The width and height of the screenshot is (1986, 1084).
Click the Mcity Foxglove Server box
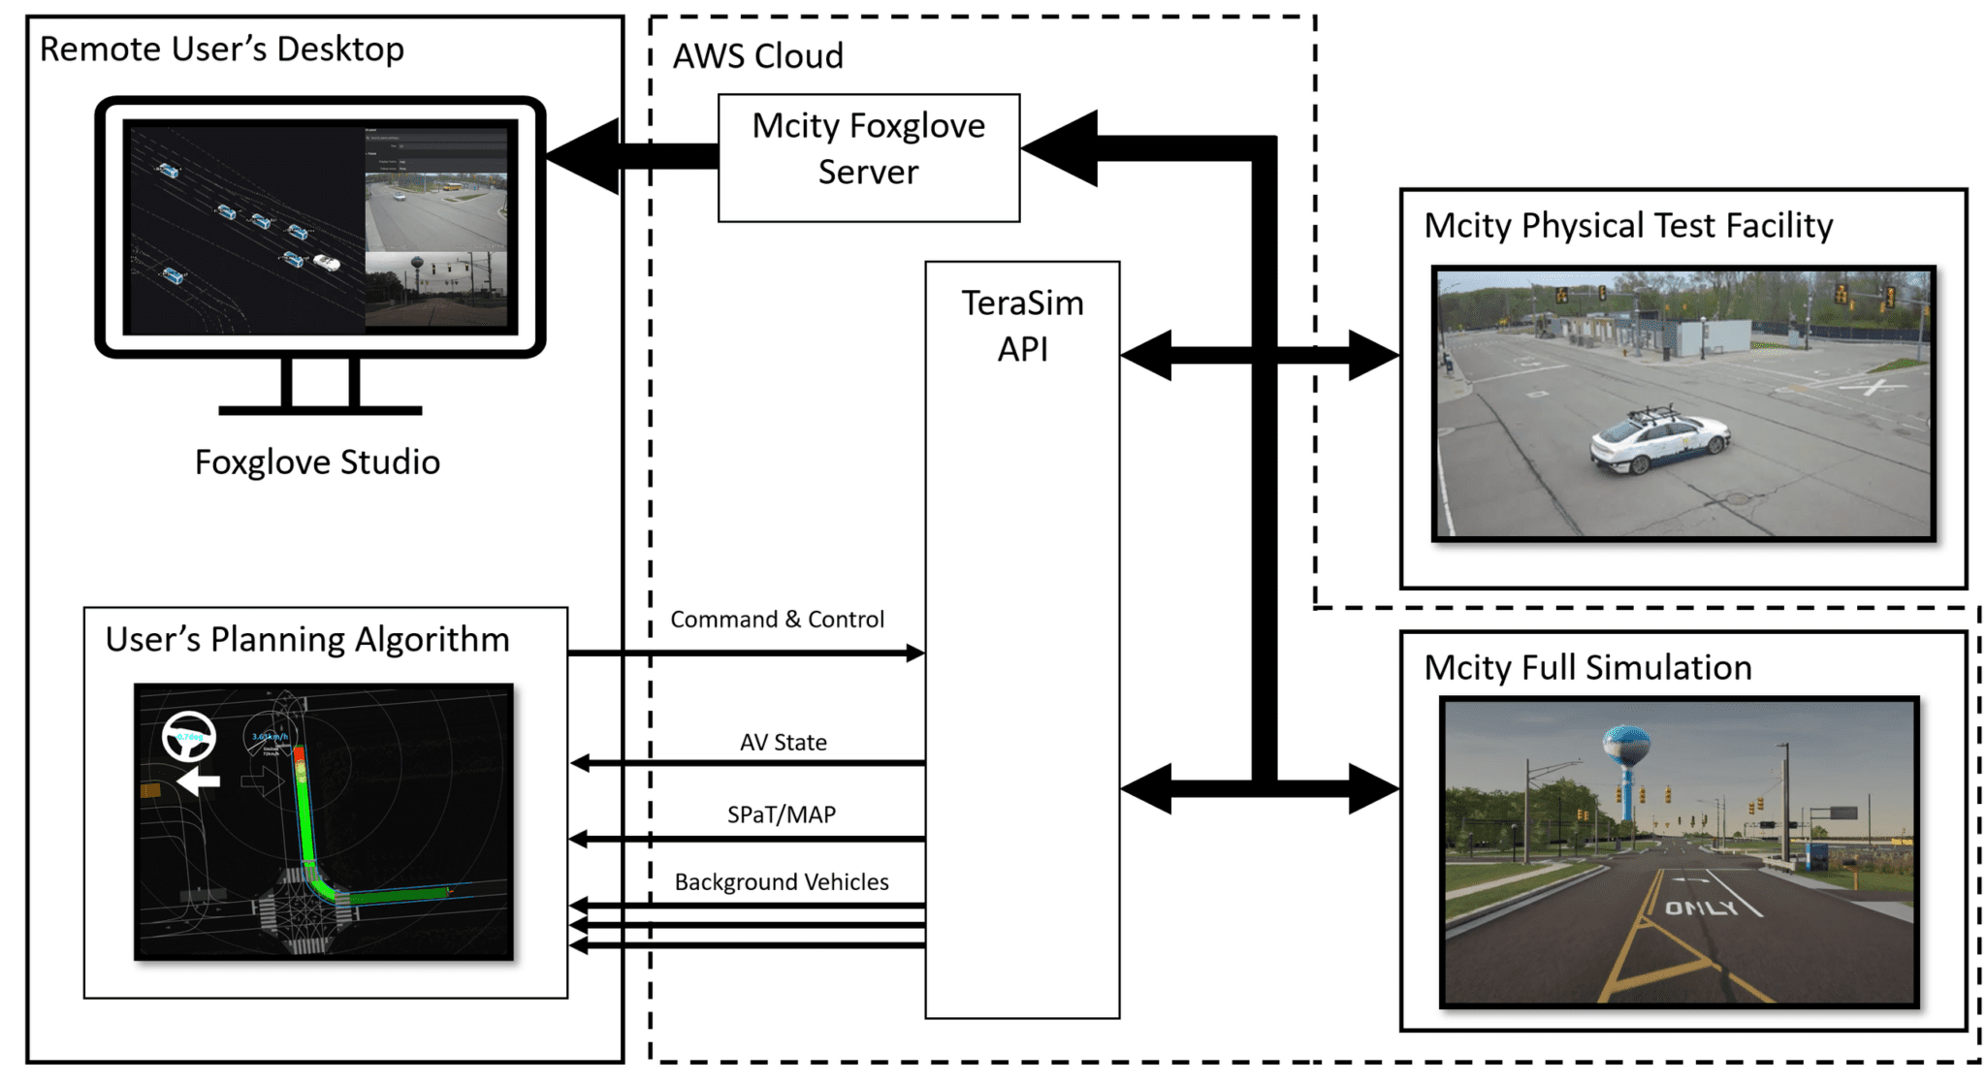[x=868, y=157]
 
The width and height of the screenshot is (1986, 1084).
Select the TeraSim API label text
[x=1022, y=326]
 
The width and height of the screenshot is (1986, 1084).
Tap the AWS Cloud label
[x=757, y=56]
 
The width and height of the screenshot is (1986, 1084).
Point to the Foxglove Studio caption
[x=317, y=462]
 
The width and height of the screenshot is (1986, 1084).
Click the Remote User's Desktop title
[x=221, y=49]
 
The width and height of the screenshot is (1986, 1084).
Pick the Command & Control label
[x=777, y=620]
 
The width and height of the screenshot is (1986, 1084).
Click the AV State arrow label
[x=783, y=743]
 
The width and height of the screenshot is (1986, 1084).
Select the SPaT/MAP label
[x=782, y=814]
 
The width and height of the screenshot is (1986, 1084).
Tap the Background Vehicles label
[x=782, y=882]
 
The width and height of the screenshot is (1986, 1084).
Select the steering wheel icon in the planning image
[x=189, y=737]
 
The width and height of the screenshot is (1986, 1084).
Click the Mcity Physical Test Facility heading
[x=1628, y=226]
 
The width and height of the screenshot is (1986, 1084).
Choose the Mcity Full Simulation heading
[x=1587, y=668]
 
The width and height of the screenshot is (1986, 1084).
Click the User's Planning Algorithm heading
[x=307, y=640]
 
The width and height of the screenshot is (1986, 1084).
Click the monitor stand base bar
[x=320, y=410]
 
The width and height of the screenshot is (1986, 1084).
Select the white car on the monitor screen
[x=327, y=263]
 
